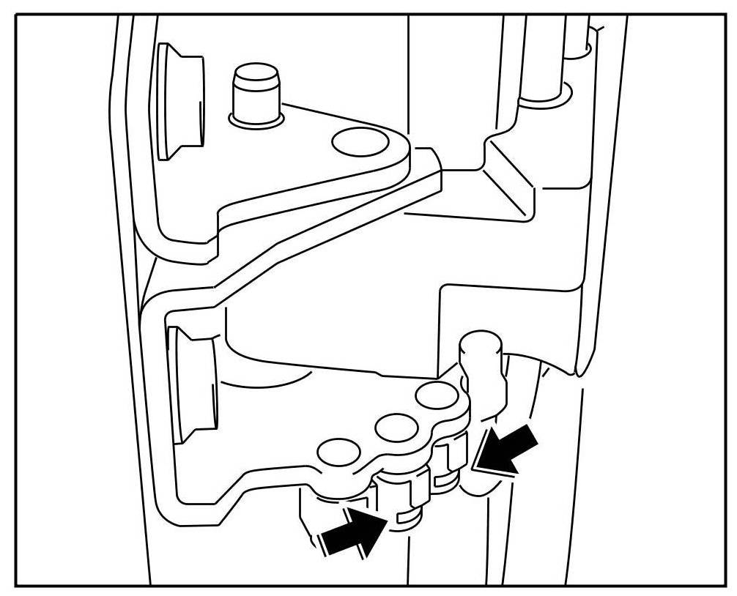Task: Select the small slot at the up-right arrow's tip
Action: click(x=402, y=517)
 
